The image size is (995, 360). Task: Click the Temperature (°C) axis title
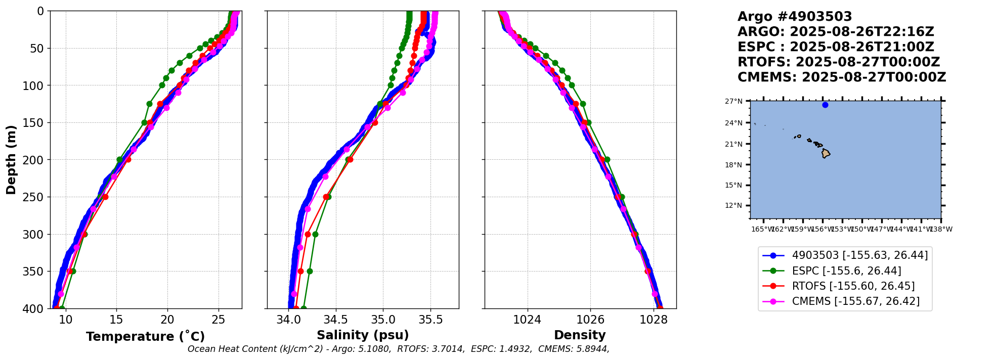tap(145, 337)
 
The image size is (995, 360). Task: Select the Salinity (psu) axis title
tap(363, 335)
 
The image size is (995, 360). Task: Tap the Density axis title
tap(580, 335)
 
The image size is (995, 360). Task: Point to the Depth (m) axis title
tap(11, 160)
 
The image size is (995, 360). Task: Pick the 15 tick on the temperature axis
tap(116, 320)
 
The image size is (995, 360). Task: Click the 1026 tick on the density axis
tap(590, 320)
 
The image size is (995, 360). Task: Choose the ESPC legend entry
tap(846, 271)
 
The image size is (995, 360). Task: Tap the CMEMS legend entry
tap(855, 301)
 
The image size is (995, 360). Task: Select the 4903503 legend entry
tap(859, 256)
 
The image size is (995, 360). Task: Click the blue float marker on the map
tap(825, 105)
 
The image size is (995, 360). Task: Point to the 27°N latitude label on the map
tap(733, 102)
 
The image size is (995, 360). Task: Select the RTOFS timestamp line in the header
tap(838, 62)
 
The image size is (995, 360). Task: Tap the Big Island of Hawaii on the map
tap(826, 153)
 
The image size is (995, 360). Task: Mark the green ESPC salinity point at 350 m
tap(310, 272)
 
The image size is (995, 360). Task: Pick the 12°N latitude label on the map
tap(733, 206)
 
